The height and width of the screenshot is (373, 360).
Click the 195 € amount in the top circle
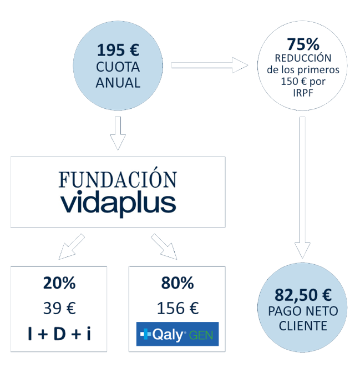(118, 51)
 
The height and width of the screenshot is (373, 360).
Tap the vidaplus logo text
(118, 203)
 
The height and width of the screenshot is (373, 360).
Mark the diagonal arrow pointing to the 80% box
(164, 247)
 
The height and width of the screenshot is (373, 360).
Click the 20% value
(59, 283)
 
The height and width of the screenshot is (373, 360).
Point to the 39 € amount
(59, 308)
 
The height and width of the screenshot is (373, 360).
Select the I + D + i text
(59, 334)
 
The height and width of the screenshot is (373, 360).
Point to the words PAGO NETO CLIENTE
(303, 318)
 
